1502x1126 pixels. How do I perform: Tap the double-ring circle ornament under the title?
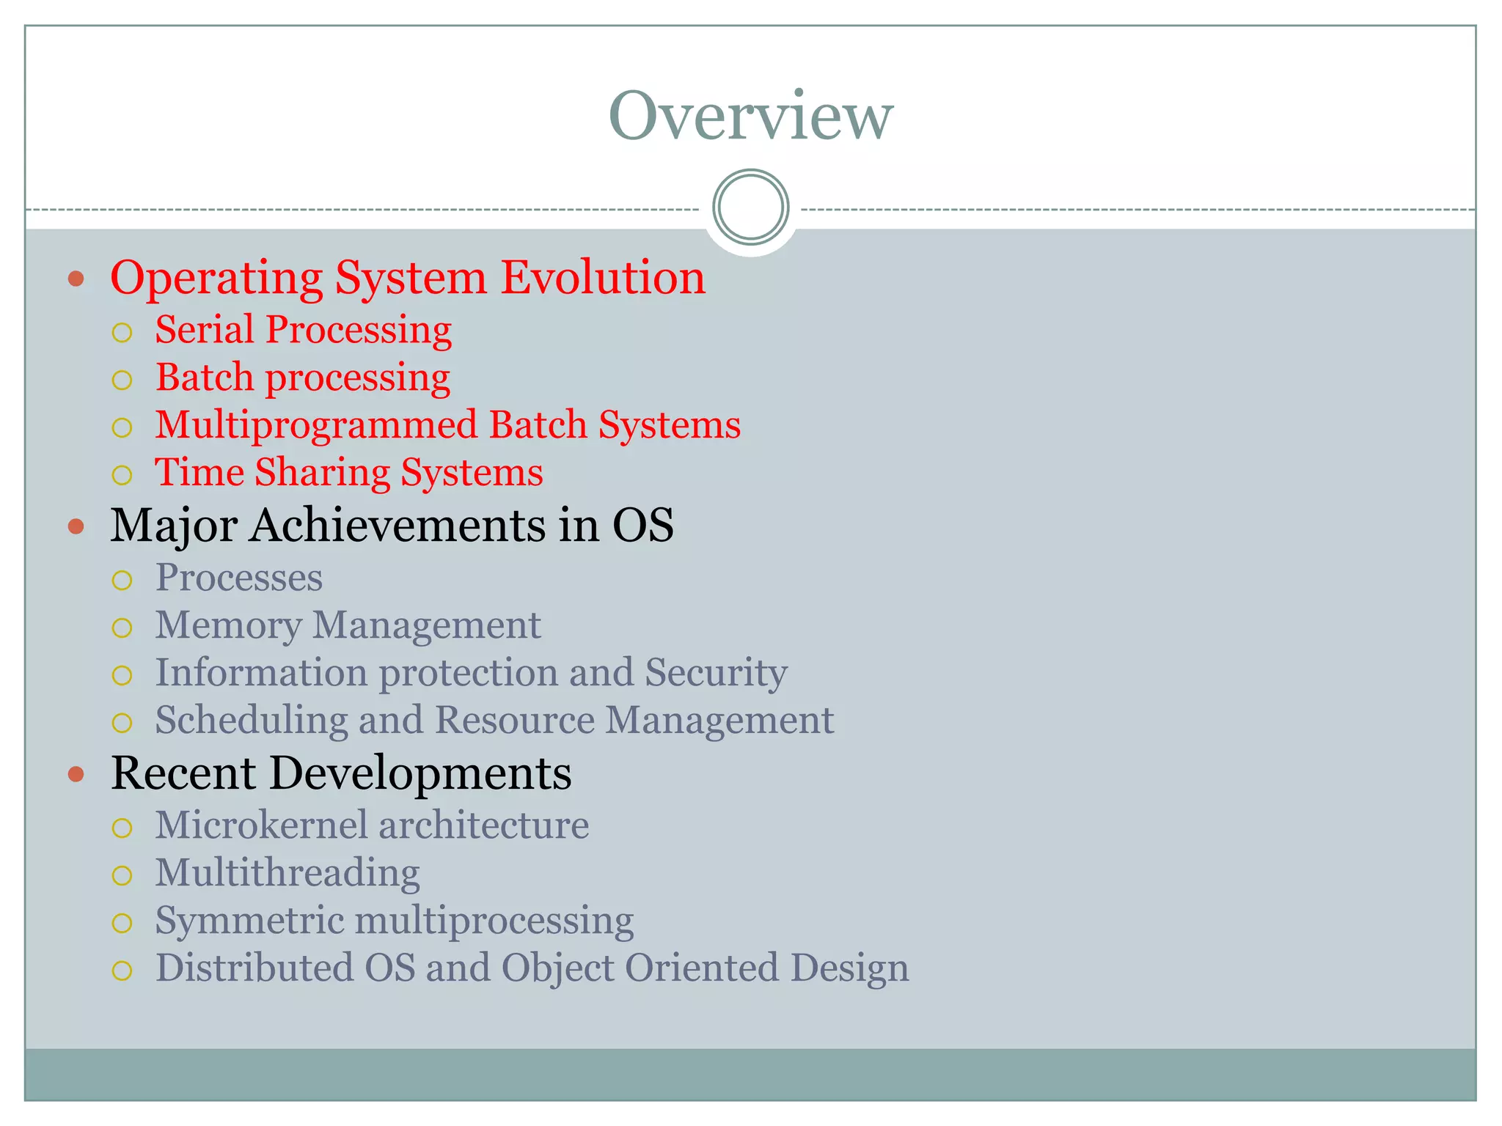(x=750, y=207)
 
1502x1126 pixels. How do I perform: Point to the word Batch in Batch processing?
(x=205, y=377)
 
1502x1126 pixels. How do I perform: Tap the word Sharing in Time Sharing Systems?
(x=322, y=472)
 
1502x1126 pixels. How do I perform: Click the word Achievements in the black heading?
(x=398, y=525)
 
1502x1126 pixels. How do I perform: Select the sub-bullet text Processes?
(x=239, y=578)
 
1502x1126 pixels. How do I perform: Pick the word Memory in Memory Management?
(x=228, y=625)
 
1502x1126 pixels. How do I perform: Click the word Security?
(x=716, y=673)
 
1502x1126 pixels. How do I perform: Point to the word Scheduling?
(x=252, y=720)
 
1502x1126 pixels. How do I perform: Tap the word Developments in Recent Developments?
(x=420, y=773)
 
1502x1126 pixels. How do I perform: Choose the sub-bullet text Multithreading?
(x=287, y=873)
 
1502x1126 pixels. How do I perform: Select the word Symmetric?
(x=249, y=921)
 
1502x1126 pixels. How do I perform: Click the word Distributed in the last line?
(x=254, y=968)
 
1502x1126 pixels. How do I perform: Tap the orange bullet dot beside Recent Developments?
(x=76, y=774)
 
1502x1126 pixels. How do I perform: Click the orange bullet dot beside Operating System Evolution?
(x=76, y=279)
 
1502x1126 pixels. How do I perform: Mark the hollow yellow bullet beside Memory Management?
(x=122, y=628)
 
